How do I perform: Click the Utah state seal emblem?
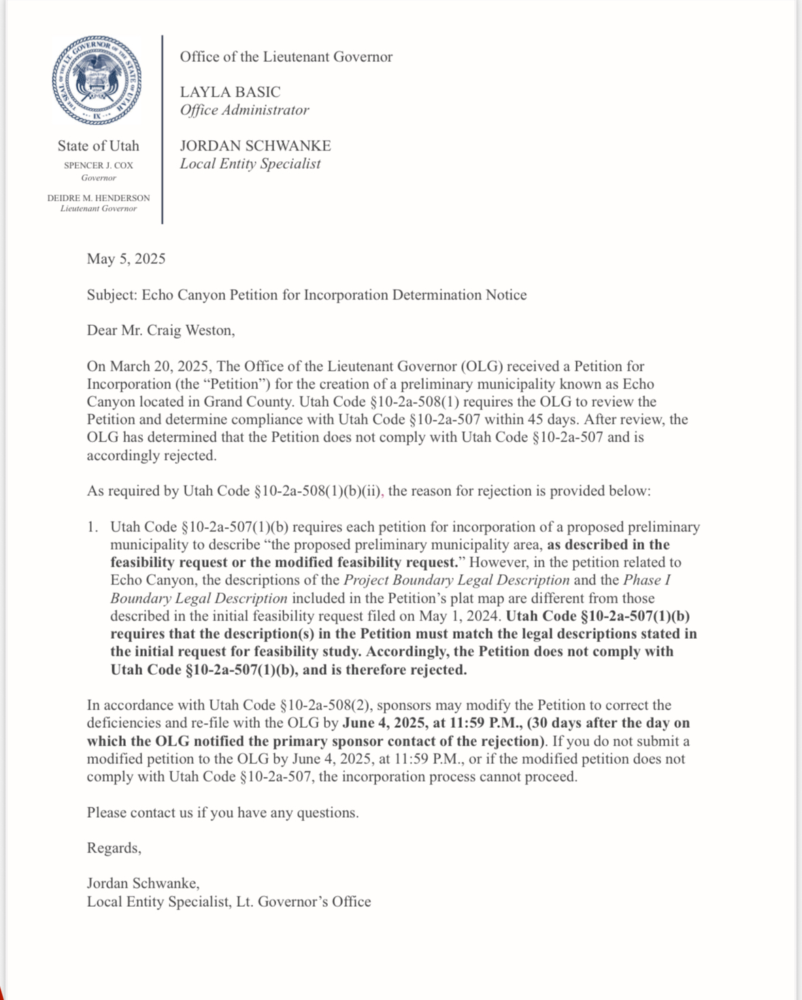(x=97, y=80)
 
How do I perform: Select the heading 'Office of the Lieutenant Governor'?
(x=286, y=57)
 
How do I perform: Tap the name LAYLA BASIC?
(x=230, y=92)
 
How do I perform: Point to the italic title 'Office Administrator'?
(x=244, y=110)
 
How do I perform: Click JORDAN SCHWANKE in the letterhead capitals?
(x=255, y=146)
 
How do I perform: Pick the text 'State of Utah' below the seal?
(x=98, y=146)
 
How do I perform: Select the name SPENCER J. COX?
(x=99, y=165)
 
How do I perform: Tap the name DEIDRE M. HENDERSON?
(x=99, y=198)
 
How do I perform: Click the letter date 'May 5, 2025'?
(x=126, y=259)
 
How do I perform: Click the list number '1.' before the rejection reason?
(x=93, y=527)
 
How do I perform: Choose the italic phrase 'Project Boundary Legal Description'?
(x=456, y=580)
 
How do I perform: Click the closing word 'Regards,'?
(x=114, y=848)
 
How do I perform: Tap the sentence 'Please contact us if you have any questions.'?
(x=222, y=813)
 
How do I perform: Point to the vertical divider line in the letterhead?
(x=163, y=129)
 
